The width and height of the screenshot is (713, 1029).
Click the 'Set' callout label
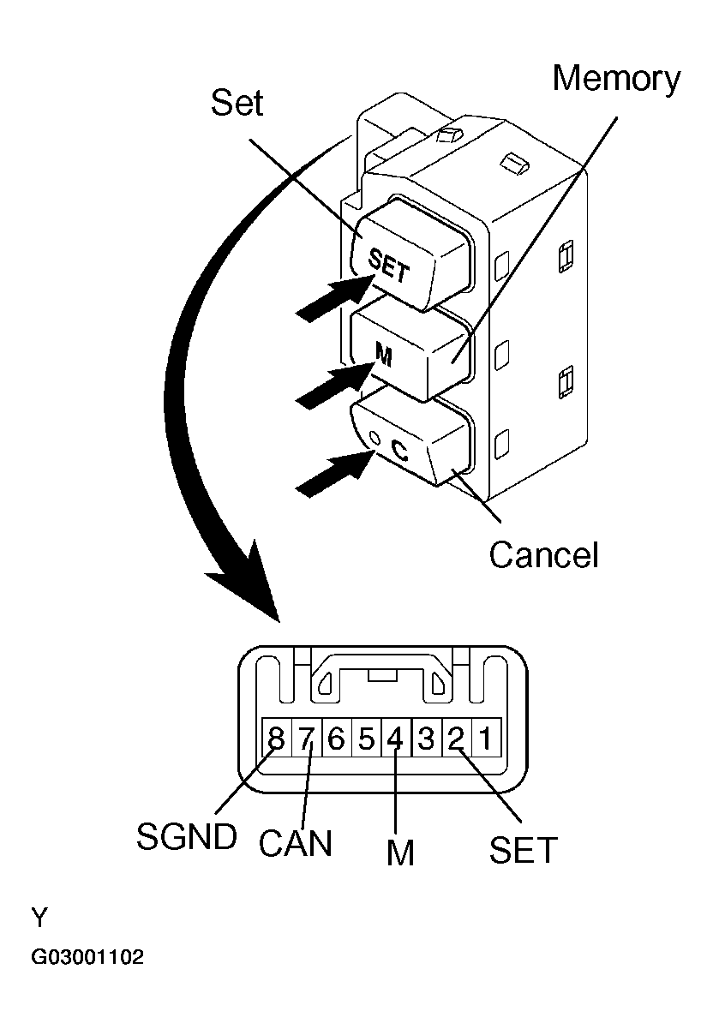(x=237, y=105)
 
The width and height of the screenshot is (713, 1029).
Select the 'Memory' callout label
(x=616, y=79)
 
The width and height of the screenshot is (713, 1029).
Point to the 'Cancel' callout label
(x=543, y=555)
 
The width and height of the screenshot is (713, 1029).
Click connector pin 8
(x=276, y=738)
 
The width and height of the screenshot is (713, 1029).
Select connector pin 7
(x=306, y=738)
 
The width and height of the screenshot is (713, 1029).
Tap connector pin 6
(x=336, y=738)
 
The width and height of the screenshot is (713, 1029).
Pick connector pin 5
(x=366, y=738)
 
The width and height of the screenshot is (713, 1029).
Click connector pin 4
(x=396, y=738)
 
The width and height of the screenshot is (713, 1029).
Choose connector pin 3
(x=426, y=738)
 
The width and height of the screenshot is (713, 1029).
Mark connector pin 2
(x=456, y=738)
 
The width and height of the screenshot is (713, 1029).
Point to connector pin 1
(x=485, y=738)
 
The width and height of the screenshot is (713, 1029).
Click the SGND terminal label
(x=186, y=837)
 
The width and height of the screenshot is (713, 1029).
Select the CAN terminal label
(x=295, y=843)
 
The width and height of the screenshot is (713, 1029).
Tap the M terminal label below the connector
(x=400, y=853)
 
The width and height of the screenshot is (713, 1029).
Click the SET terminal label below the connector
(x=523, y=850)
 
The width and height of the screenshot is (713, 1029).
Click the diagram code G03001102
(x=87, y=957)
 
